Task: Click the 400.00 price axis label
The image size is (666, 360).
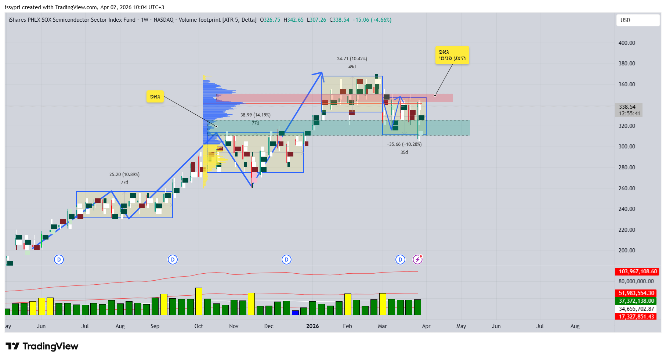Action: click(626, 43)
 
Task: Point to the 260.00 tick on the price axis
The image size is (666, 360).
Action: click(626, 188)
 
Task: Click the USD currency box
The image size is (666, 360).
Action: click(637, 20)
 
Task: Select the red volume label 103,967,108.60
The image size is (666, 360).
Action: click(637, 271)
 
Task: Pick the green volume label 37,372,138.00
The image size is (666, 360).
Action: click(636, 301)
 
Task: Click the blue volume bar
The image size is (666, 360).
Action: click(295, 313)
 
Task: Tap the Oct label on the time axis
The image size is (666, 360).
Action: click(199, 326)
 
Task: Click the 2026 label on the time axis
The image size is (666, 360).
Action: click(312, 326)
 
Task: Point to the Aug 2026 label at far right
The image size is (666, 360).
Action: click(575, 326)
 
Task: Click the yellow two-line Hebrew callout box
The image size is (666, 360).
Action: click(452, 55)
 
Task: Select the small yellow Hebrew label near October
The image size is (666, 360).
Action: click(155, 97)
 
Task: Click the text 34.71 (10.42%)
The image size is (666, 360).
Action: click(352, 59)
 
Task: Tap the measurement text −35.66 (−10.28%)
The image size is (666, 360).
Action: click(404, 144)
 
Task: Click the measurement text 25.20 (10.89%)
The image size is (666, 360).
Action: click(124, 174)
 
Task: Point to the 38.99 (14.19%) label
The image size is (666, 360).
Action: click(255, 115)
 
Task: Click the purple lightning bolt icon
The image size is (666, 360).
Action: click(417, 260)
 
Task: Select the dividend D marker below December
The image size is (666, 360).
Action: click(286, 260)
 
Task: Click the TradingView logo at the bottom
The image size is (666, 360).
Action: click(42, 346)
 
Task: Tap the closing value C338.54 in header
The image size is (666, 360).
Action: click(339, 20)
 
